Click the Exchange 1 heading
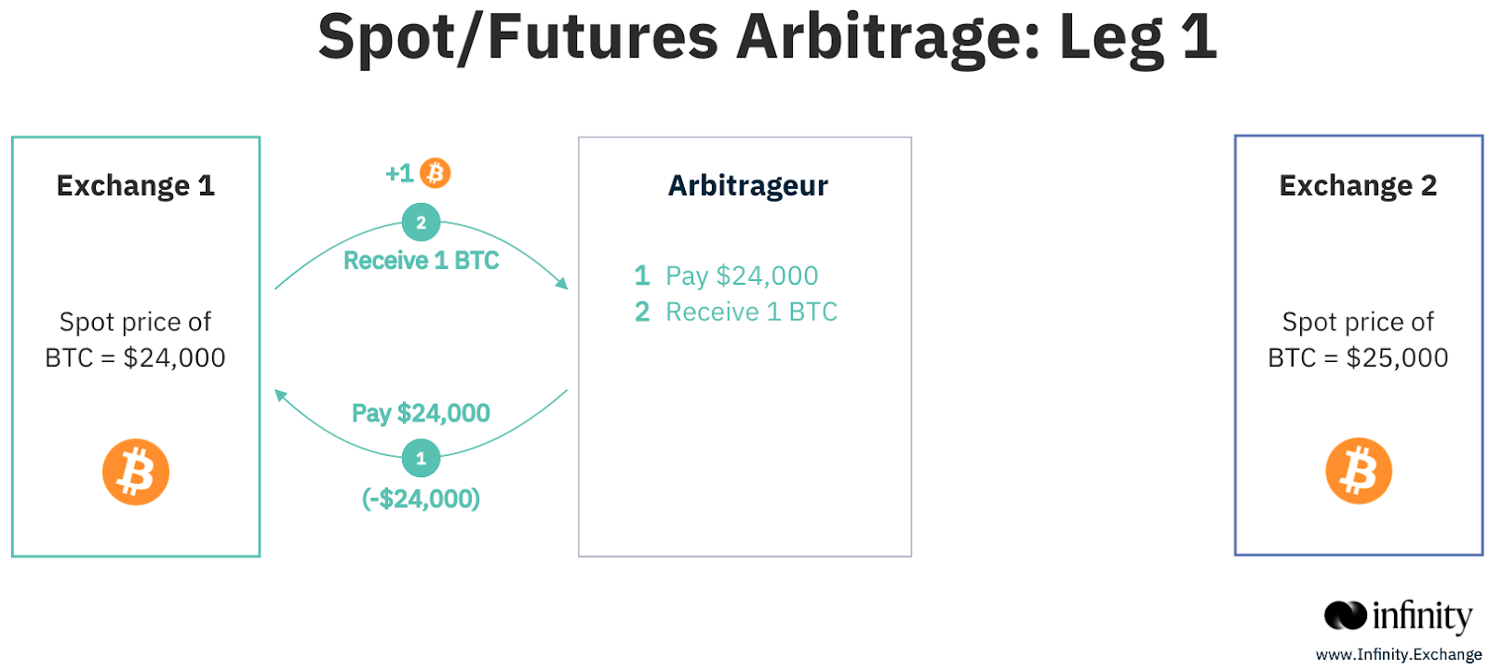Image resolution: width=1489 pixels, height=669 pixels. tap(136, 185)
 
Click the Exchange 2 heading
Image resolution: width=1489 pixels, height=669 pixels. tap(1358, 185)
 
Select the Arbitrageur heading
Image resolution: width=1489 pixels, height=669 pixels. tap(748, 186)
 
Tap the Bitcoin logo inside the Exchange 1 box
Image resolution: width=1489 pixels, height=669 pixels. tap(136, 472)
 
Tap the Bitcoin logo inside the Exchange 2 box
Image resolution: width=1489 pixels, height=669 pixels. tap(1359, 471)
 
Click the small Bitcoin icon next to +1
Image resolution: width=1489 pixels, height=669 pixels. tap(436, 173)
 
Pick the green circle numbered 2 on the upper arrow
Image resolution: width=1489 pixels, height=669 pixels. tap(421, 221)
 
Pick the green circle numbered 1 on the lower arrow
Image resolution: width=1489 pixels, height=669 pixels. tap(421, 458)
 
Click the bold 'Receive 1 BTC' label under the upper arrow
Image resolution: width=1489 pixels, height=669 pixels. tap(421, 261)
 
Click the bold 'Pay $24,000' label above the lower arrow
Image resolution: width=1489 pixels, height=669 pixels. tap(421, 413)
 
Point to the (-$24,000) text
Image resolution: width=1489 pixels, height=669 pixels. tap(421, 499)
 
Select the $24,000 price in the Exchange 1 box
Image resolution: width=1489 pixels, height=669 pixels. tap(174, 358)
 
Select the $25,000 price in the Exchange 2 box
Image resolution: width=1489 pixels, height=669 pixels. tap(1397, 358)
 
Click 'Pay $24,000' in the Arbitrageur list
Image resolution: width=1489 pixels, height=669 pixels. tap(742, 275)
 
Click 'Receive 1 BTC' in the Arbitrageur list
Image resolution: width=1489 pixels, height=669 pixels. tap(751, 312)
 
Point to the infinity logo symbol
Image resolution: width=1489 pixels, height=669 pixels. tap(1345, 615)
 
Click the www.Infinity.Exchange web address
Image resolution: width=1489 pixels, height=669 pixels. tap(1399, 654)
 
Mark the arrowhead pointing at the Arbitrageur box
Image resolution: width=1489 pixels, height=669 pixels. tap(562, 283)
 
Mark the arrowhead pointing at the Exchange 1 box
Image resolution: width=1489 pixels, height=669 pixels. tap(280, 395)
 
